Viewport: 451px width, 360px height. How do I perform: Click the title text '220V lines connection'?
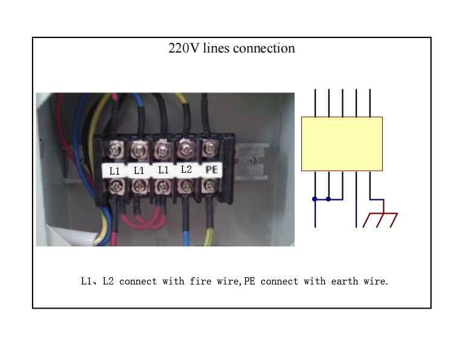coord(232,48)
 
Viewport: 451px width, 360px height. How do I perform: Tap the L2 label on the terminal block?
coord(186,169)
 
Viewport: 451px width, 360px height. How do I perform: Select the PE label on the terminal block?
coord(211,170)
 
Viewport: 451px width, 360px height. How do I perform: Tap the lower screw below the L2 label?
coord(186,187)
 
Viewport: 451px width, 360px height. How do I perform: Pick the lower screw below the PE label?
coord(210,186)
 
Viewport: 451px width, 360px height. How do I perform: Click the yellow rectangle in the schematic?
coord(342,144)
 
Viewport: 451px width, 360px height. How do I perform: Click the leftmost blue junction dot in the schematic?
coord(315,199)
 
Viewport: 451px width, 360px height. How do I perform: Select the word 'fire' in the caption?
coord(200,281)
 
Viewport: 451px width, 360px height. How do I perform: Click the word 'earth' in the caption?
coord(345,281)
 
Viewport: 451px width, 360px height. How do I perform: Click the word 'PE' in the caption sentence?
coord(249,281)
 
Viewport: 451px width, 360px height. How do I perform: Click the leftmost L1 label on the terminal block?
coord(114,171)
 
